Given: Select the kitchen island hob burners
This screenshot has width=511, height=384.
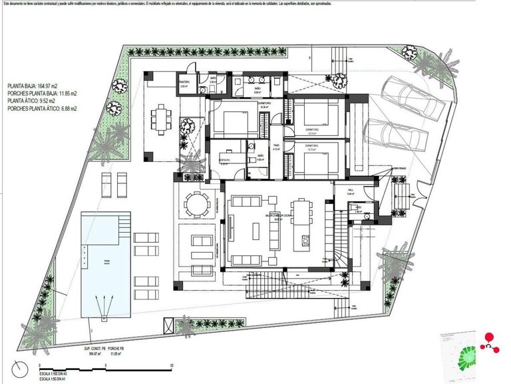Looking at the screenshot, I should pos(305,237).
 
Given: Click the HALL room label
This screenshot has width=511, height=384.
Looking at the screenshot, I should pos(351,191).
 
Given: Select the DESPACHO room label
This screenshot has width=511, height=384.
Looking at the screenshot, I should pos(225,159).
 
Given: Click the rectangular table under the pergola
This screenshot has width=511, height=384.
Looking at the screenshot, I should pos(160,121).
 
